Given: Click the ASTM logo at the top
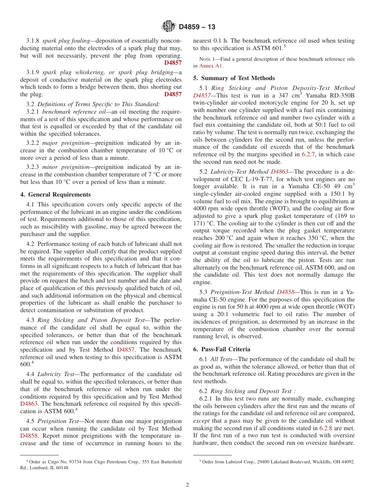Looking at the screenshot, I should (169, 27).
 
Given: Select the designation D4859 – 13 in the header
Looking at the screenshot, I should (197, 27).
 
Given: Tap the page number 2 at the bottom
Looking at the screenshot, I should (187, 485).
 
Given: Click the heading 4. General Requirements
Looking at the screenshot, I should (56, 195).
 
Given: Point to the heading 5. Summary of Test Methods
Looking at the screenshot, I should (234, 78).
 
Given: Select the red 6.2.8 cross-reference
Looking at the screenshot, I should (326, 428).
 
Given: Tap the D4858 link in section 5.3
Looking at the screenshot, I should (286, 292).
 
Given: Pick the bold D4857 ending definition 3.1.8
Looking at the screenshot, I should (173, 63).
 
